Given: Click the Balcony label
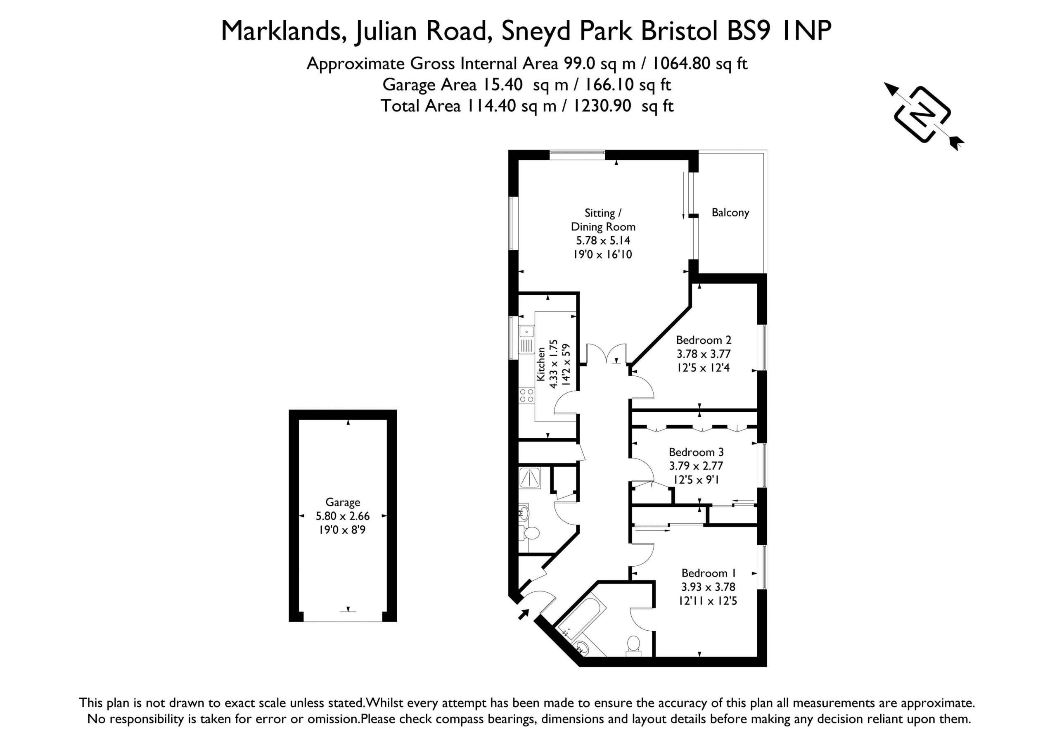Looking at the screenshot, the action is point(730,213).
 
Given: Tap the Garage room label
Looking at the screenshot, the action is point(343,503).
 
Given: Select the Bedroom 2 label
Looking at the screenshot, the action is point(704,340).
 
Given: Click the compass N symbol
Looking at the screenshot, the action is point(922,114).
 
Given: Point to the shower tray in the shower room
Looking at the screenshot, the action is point(530,477).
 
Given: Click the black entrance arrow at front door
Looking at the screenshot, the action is point(524,614).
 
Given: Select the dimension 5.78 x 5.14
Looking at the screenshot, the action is point(603,240).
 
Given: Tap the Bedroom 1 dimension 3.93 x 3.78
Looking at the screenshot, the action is point(708,587).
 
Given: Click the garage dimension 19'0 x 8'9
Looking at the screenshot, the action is point(342,530).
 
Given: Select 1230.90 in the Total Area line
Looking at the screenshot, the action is point(602,105).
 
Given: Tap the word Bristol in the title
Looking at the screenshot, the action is point(680,31).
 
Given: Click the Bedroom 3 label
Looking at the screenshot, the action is point(696,452).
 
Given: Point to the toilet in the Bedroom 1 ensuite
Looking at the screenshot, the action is point(633,645).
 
